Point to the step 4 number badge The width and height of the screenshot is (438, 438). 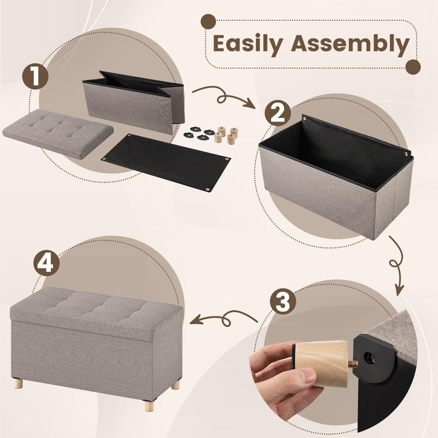pos(47,264)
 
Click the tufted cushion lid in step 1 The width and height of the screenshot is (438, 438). pos(58,130)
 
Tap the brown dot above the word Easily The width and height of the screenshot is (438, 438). pos(209,22)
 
